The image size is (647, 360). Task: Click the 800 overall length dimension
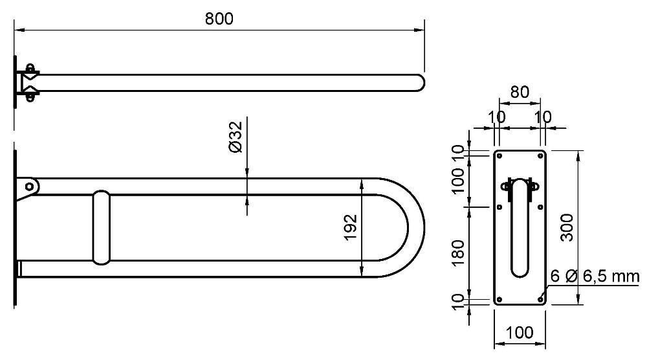pyautogui.click(x=219, y=19)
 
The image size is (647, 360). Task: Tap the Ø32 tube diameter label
pyautogui.click(x=236, y=137)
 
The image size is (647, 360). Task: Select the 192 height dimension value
pyautogui.click(x=350, y=227)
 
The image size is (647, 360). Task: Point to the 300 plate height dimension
pyautogui.click(x=567, y=227)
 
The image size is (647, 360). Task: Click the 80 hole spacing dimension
pyautogui.click(x=520, y=92)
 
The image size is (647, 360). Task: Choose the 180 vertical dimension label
pyautogui.click(x=458, y=253)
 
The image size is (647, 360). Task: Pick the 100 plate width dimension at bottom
pyautogui.click(x=520, y=332)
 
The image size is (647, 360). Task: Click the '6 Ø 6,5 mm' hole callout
pyautogui.click(x=595, y=276)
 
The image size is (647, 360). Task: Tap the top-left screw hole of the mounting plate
pyautogui.click(x=499, y=156)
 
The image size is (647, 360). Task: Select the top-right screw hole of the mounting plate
pyautogui.click(x=540, y=156)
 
